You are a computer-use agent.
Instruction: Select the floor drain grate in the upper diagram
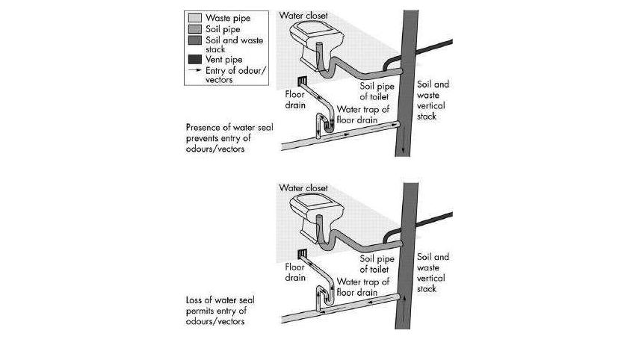pyautogui.click(x=302, y=81)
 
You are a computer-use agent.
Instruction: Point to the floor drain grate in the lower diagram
pyautogui.click(x=303, y=254)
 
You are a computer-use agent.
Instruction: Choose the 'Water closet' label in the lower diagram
pyautogui.click(x=303, y=188)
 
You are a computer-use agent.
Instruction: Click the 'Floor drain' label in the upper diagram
pyautogui.click(x=295, y=99)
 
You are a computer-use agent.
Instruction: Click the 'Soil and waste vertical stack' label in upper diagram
pyautogui.click(x=433, y=100)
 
